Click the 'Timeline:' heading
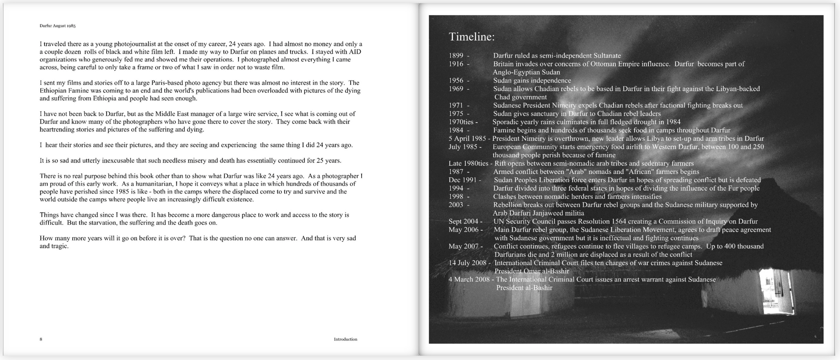pyautogui.click(x=471, y=37)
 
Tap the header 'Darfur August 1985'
pyautogui.click(x=58, y=26)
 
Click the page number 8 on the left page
pyautogui.click(x=41, y=339)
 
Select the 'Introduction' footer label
pyautogui.click(x=345, y=339)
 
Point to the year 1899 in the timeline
pyautogui.click(x=456, y=55)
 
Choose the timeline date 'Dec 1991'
pyautogui.click(x=462, y=180)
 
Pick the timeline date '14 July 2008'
pyautogui.click(x=467, y=263)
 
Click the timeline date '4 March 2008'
pyautogui.click(x=469, y=279)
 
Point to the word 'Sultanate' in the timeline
pyautogui.click(x=602, y=55)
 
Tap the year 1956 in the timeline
pyautogui.click(x=456, y=80)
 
